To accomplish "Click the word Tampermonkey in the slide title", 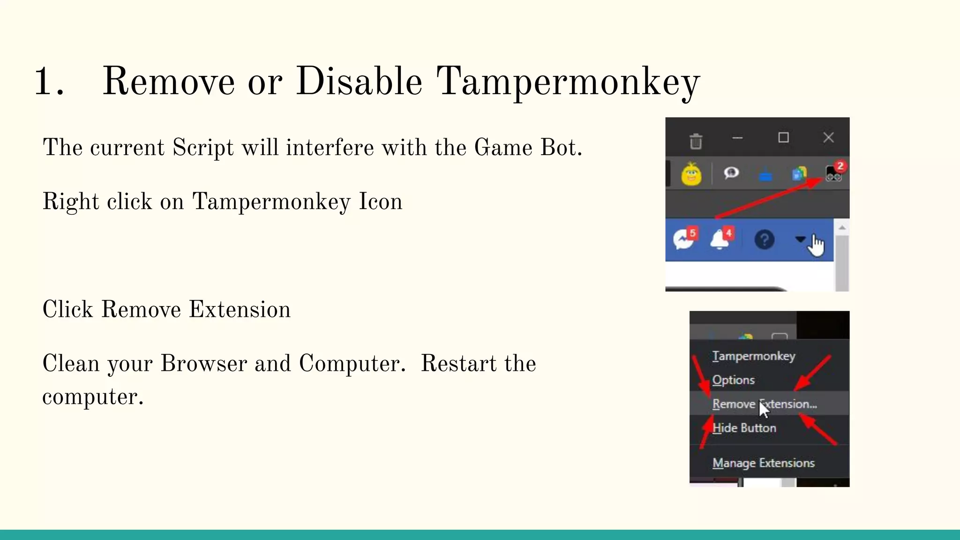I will [568, 82].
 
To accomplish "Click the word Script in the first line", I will [203, 148].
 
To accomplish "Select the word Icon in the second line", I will [380, 202].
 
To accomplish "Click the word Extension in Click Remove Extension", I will [240, 310].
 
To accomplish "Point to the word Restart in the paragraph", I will [458, 364].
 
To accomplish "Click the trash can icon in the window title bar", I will [696, 141].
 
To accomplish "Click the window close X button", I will [828, 137].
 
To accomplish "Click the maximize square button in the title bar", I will [783, 137].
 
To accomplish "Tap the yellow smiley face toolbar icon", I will [691, 174].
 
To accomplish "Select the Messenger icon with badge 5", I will [683, 240].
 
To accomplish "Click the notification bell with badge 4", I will [720, 240].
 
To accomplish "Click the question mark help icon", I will [764, 240].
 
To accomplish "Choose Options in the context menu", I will [733, 380].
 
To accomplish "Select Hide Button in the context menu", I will [744, 428].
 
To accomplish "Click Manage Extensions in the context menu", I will [763, 463].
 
